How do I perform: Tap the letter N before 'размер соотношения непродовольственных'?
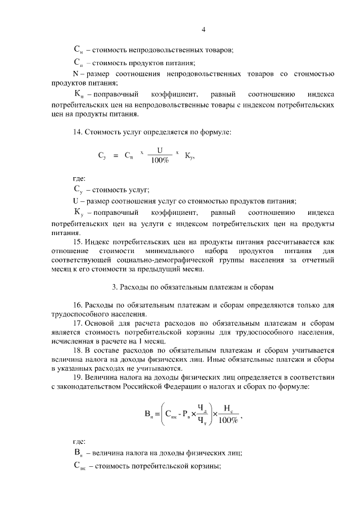pos(76,74)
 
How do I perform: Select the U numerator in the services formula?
pos(160,151)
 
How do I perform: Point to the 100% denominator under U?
pos(160,161)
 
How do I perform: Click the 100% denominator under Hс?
pos(228,421)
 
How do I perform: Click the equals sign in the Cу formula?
pos(116,156)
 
